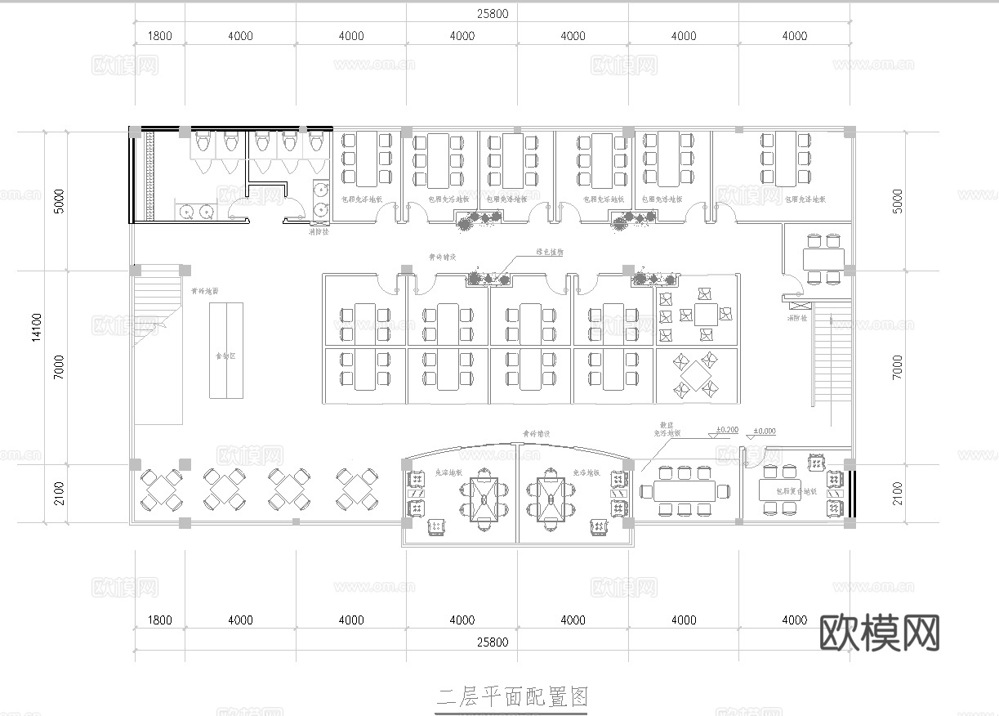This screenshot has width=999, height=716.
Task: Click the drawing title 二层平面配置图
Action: [512, 697]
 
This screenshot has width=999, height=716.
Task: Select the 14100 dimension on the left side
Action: [37, 326]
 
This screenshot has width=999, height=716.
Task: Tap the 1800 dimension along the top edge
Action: [159, 36]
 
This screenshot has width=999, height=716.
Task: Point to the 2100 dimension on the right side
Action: [898, 492]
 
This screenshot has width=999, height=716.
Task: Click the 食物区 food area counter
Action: [225, 350]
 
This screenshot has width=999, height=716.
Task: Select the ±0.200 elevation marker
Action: [727, 430]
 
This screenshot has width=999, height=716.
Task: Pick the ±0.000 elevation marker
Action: [765, 430]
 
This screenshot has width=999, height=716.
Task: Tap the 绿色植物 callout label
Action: [550, 253]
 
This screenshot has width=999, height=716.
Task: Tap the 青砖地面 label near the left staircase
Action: [204, 290]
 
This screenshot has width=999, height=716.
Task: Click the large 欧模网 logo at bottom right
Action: [879, 633]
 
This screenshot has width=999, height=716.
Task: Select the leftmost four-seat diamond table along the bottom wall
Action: [161, 489]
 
